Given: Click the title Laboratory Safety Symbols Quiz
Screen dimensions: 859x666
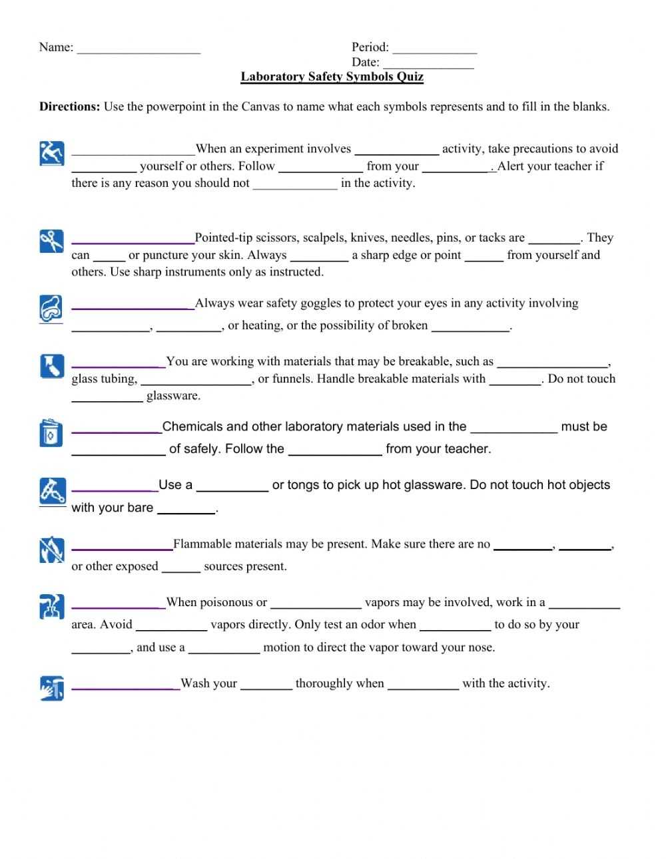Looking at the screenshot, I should [332, 77].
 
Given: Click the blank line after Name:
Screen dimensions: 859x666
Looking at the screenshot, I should [139, 49].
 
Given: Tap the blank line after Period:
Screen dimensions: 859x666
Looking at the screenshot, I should [434, 49].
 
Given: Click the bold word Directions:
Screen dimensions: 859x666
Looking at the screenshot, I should [70, 106].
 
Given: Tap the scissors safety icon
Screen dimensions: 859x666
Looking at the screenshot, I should [51, 241].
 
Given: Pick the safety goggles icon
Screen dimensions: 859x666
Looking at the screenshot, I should [51, 308].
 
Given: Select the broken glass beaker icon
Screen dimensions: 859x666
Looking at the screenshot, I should [51, 366].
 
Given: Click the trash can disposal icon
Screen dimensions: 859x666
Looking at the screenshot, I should [51, 432].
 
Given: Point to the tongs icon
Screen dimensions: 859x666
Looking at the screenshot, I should [51, 491].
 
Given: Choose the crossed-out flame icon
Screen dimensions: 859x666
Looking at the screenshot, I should [51, 550].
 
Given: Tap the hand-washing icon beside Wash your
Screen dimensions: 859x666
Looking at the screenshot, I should [51, 687].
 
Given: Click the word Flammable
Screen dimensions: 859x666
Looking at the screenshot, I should [202, 544].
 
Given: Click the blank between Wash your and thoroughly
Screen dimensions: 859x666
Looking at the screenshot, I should [266, 686].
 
